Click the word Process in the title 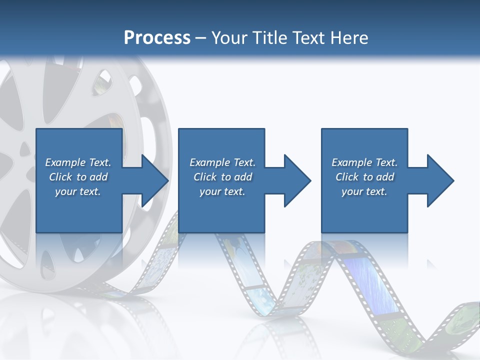(x=157, y=38)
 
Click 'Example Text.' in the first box (x=78, y=162)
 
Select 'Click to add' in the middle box (x=222, y=177)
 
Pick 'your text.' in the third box (x=364, y=191)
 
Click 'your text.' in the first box (x=78, y=191)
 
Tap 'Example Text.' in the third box (x=364, y=162)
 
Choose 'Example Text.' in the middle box (x=222, y=162)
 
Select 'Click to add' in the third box (x=364, y=177)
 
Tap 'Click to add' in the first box (x=78, y=177)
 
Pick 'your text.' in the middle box (x=222, y=191)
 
